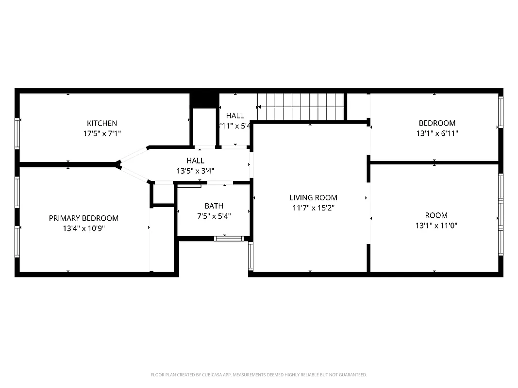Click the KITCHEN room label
pos(102,123)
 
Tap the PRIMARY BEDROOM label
pos(84,218)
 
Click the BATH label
pos(214,206)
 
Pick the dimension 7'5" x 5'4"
pos(214,216)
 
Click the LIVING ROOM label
pos(313,197)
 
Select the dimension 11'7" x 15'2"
pos(313,208)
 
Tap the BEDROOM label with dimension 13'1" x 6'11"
pos(437,123)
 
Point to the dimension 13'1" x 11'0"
pos(436,226)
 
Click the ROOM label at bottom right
pos(436,215)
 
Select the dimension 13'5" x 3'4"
pos(195,171)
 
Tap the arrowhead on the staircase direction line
pos(260,107)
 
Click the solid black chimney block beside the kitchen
pos(204,99)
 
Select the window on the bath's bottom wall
pos(229,238)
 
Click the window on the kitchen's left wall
pos(17,133)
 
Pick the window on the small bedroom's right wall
pos(501,112)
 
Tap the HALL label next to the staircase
pos(235,115)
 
